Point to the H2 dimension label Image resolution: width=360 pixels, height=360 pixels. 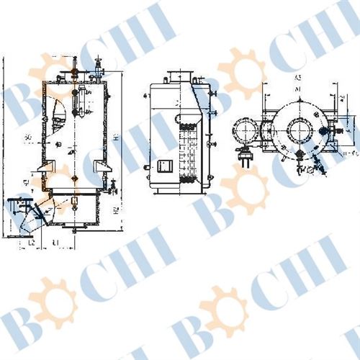[117, 211]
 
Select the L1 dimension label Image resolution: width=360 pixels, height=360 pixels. [55, 244]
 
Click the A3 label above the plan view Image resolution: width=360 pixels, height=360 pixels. [297, 76]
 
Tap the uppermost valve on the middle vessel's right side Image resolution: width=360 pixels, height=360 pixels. [213, 93]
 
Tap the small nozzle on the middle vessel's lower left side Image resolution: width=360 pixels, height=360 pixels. [146, 168]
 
